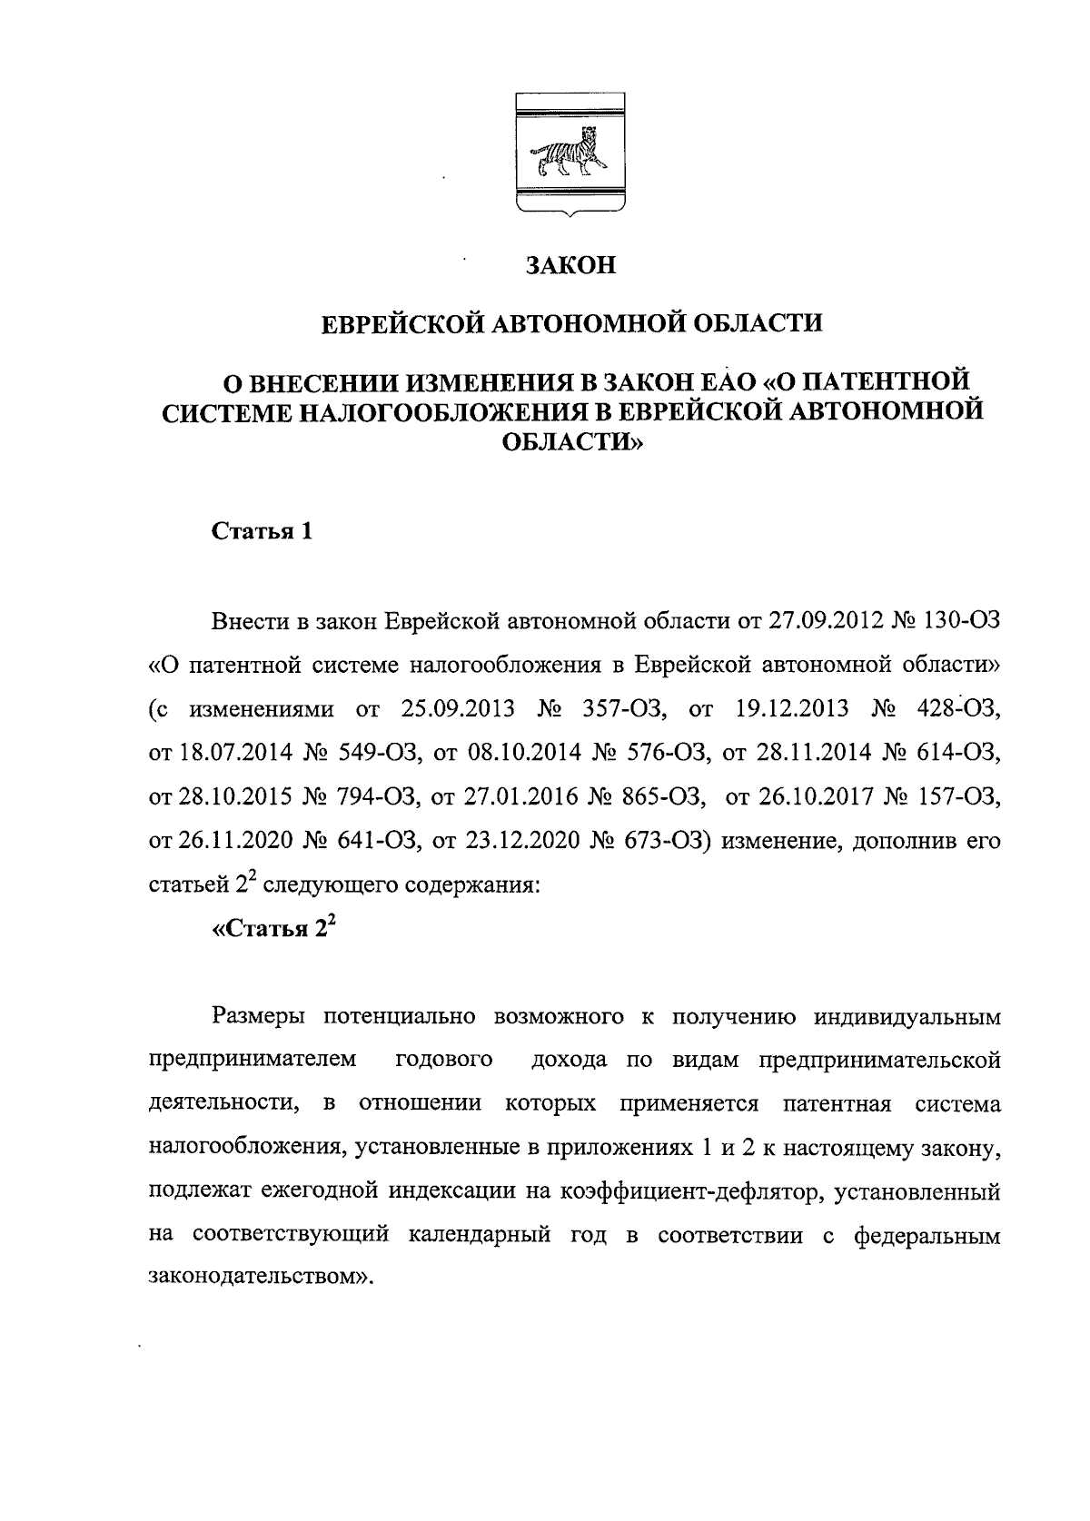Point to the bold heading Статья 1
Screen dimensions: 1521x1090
tap(263, 531)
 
